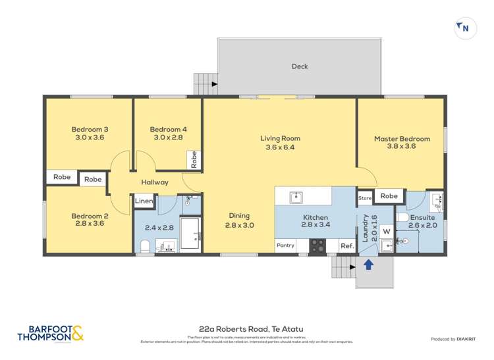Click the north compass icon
(465, 28)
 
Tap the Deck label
(300, 66)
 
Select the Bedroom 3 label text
(90, 130)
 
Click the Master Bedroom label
(402, 139)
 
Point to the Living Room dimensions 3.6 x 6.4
(280, 147)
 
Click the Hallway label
(155, 182)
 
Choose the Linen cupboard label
(144, 201)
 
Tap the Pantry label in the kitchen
(285, 245)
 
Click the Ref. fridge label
(346, 245)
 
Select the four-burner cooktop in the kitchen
(317, 245)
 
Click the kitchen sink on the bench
(296, 196)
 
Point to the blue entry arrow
(369, 265)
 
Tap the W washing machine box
(386, 231)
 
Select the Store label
(365, 197)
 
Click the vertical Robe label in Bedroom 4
(194, 159)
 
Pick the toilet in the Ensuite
(403, 218)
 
